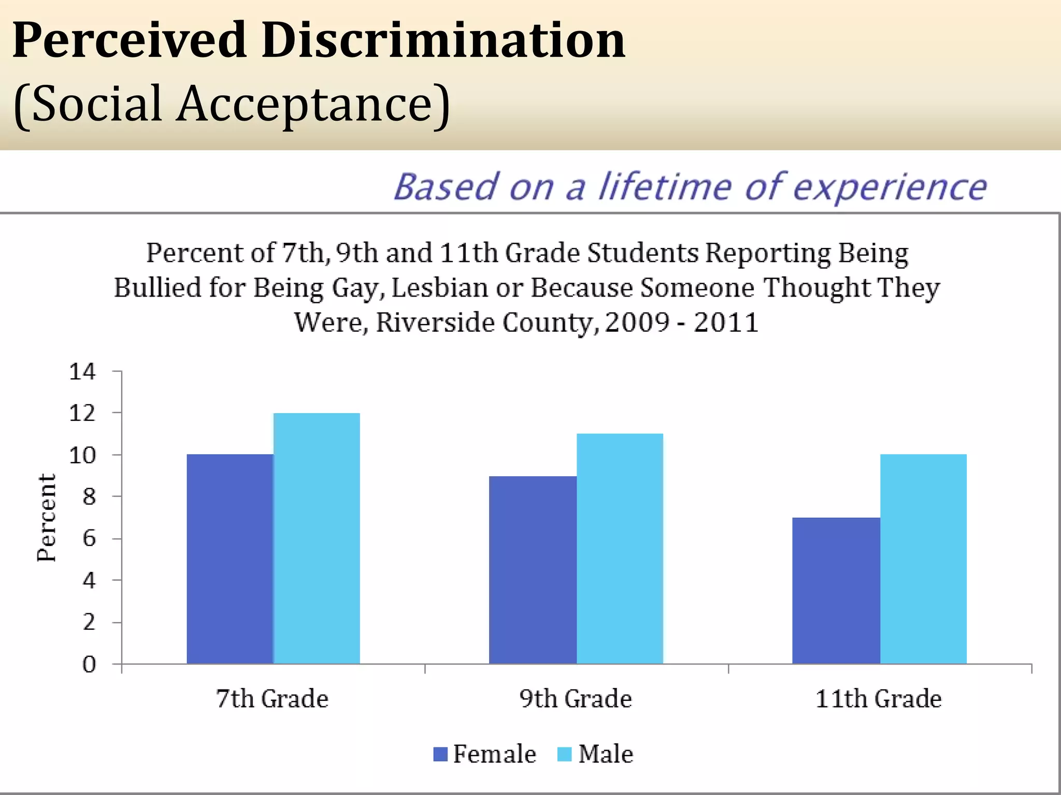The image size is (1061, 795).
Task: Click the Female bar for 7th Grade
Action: click(230, 559)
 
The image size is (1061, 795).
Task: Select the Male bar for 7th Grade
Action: click(317, 538)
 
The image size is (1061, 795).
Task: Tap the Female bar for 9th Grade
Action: click(533, 569)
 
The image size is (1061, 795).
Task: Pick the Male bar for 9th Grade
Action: click(620, 549)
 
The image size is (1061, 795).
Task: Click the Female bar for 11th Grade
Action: click(836, 590)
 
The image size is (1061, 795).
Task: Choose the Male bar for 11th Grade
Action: click(923, 559)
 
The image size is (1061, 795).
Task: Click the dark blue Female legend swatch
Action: click(440, 754)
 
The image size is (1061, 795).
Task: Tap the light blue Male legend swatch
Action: click(564, 754)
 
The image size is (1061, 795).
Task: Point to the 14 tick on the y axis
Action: click(83, 372)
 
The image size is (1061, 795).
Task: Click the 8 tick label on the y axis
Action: click(89, 497)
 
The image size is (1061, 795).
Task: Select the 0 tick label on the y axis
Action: click(89, 664)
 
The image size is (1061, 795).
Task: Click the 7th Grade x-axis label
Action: click(272, 699)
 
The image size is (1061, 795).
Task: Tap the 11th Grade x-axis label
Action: click(878, 699)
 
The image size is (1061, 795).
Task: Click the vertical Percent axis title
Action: click(47, 518)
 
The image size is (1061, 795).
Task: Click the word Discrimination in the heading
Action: click(443, 40)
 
